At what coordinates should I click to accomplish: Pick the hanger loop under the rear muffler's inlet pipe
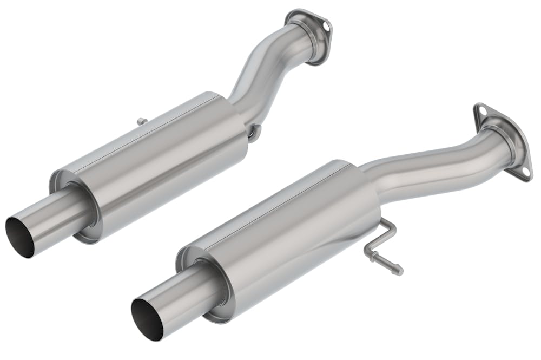click(255, 132)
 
